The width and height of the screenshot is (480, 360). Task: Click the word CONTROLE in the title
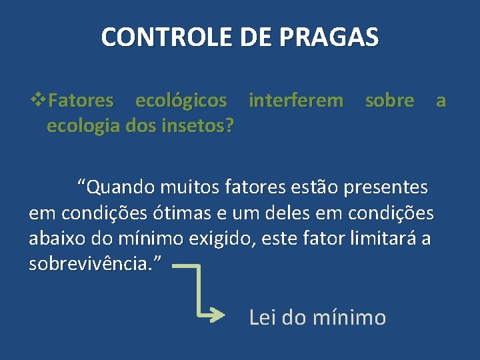click(x=159, y=37)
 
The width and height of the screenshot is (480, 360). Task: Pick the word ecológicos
click(x=181, y=101)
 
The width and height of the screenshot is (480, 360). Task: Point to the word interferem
click(x=296, y=101)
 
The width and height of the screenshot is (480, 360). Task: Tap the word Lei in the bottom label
click(x=263, y=317)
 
